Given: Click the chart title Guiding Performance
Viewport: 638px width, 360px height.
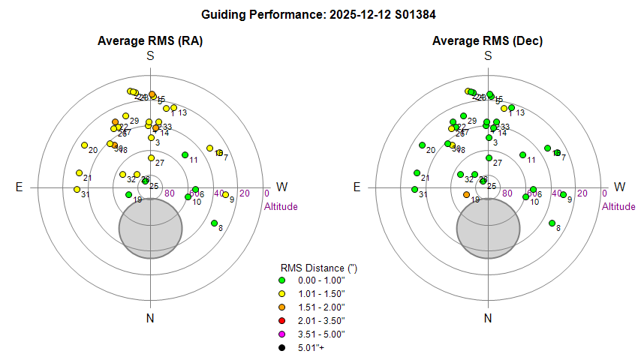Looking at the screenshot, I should (319, 14).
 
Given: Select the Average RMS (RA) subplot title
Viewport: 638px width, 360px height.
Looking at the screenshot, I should (150, 40).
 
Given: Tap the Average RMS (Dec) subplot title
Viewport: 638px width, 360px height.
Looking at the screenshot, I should (488, 40).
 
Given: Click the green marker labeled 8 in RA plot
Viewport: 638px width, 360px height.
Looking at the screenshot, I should (214, 223).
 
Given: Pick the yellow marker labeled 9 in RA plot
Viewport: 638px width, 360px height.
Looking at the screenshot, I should (225, 195).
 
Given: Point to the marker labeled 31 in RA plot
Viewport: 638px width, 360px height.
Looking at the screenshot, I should (77, 189).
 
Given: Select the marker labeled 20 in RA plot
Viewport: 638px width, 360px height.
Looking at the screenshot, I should (84, 145).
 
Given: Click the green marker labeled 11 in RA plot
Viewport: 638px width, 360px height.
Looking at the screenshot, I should (185, 154).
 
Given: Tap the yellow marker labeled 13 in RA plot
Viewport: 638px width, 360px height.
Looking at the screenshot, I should (173, 108).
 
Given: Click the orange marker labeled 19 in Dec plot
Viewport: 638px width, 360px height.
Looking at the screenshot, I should (466, 195).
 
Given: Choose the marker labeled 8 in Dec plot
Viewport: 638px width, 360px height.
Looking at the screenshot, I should (552, 223).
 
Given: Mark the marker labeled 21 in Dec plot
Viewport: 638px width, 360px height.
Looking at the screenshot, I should (417, 173).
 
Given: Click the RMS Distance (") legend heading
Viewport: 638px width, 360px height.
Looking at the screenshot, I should (312, 267).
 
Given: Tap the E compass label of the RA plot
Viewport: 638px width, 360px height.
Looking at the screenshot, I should (19, 187).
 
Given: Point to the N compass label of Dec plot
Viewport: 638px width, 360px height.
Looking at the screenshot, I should (488, 318).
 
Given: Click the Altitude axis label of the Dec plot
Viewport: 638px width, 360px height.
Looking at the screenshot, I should (618, 206).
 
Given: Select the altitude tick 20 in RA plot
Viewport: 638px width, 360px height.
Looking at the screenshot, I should (244, 193).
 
